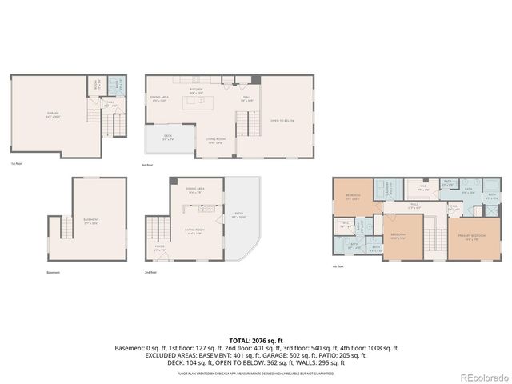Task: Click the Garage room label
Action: [x=53, y=114]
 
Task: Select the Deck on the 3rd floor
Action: [x=168, y=138]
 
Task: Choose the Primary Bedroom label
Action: [x=474, y=237]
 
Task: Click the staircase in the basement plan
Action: [x=62, y=233]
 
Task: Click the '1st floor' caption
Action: [x=16, y=164]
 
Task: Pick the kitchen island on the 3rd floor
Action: [x=198, y=102]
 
